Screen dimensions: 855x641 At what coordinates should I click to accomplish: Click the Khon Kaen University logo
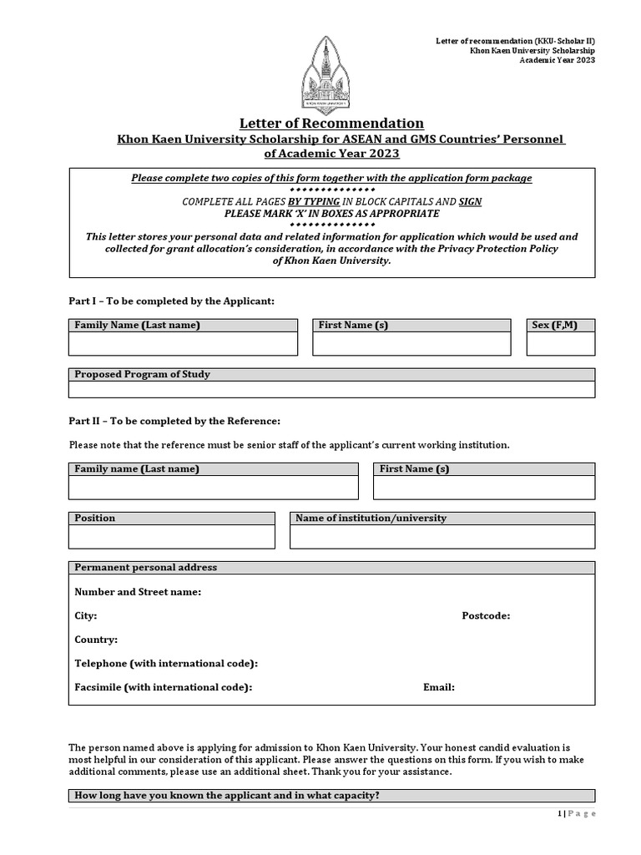[326, 76]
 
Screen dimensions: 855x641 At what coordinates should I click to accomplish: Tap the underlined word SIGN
[470, 202]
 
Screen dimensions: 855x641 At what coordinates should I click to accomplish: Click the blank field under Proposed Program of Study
[331, 389]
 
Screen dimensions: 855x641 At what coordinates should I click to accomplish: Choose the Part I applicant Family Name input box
[183, 344]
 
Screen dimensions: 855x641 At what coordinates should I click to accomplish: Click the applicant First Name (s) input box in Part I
[411, 344]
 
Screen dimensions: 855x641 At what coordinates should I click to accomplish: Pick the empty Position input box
[172, 537]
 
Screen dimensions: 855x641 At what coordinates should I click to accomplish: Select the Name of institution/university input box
[442, 537]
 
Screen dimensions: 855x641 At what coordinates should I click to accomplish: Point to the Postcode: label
[486, 615]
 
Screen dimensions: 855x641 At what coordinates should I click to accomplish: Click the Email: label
[439, 687]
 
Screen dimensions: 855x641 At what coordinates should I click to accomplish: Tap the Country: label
[96, 640]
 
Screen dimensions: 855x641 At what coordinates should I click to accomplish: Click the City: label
[86, 615]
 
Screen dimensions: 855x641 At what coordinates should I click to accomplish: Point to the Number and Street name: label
[138, 592]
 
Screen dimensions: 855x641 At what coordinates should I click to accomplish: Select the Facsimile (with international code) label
[163, 687]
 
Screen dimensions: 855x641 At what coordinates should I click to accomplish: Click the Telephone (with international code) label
[166, 663]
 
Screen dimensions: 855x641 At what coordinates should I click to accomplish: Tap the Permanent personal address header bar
[331, 568]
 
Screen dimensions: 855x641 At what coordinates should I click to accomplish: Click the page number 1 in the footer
[558, 814]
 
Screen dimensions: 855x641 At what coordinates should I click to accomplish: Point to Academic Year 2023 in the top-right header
[558, 60]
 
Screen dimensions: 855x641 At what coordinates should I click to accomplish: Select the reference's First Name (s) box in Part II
[483, 488]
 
